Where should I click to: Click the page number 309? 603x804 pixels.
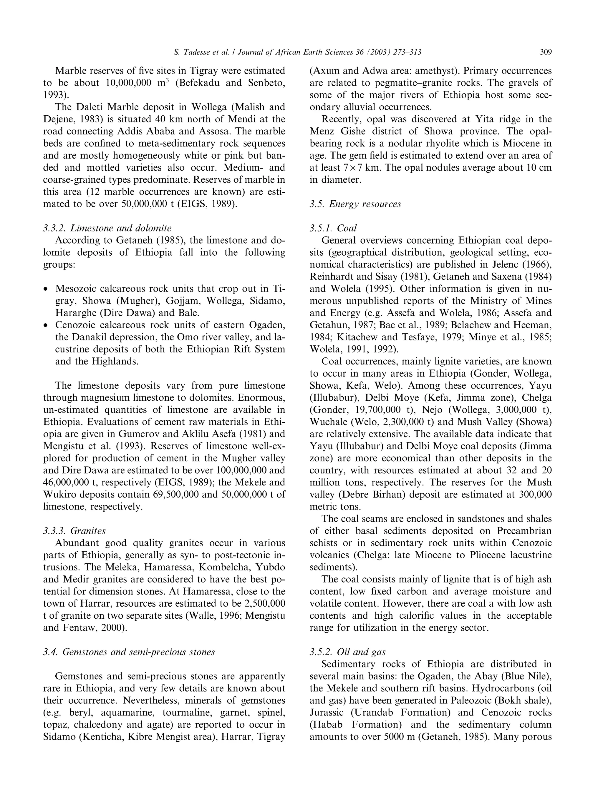click(x=546, y=52)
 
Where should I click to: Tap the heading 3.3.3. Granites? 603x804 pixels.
click(x=74, y=531)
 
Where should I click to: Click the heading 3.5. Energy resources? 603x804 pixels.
click(x=355, y=204)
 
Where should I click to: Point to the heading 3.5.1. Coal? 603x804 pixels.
click(x=333, y=228)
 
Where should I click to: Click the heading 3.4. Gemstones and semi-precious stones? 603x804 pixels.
click(x=129, y=652)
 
